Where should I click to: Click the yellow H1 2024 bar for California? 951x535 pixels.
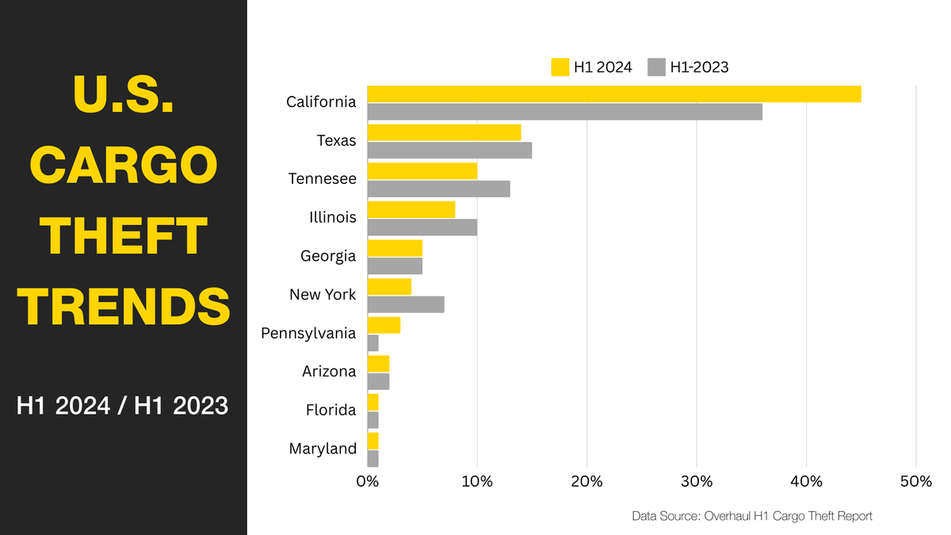pos(614,94)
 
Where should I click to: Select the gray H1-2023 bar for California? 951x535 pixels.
pos(564,112)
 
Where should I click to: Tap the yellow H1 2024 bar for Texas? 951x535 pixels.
pos(444,132)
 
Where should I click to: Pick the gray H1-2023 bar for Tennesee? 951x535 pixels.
pos(438,189)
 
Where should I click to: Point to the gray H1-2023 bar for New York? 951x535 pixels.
pos(406,304)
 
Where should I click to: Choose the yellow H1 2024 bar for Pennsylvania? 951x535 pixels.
pos(384,325)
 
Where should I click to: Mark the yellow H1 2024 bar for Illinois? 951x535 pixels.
pos(411,209)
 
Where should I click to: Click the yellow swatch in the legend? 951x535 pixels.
pos(560,67)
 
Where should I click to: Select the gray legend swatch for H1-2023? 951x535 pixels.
pos(656,67)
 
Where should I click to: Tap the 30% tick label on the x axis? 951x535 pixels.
pos(697,481)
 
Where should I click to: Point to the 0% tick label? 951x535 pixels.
pos(368,481)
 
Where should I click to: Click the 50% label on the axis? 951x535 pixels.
pos(915,481)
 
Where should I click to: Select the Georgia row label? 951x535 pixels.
pos(328,256)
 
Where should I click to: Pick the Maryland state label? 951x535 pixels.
pos(323,449)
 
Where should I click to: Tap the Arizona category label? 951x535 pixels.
pos(329,372)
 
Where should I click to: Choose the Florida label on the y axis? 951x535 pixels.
pos(330,410)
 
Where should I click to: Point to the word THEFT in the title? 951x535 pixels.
pos(124,236)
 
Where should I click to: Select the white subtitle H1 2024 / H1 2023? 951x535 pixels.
pos(123,407)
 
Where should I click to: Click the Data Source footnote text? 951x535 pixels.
pos(752,516)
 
